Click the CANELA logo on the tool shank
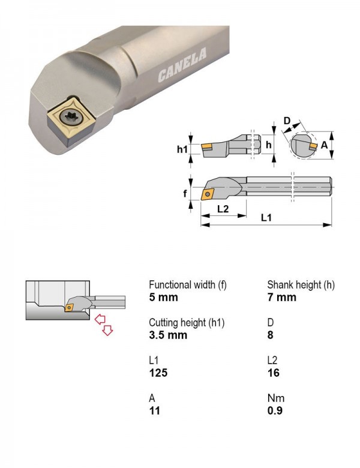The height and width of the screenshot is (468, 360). coord(182,64)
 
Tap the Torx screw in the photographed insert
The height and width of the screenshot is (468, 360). coord(71,117)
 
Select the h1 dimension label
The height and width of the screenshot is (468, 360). coord(182,149)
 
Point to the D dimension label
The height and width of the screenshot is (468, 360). coord(287,121)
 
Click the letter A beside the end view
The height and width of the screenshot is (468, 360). coord(324,145)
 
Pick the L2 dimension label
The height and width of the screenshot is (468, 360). coord(223,209)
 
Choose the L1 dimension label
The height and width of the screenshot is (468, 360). coord(266,218)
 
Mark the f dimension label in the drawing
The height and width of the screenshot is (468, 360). coord(185,194)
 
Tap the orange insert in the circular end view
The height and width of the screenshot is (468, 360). coord(313,146)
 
